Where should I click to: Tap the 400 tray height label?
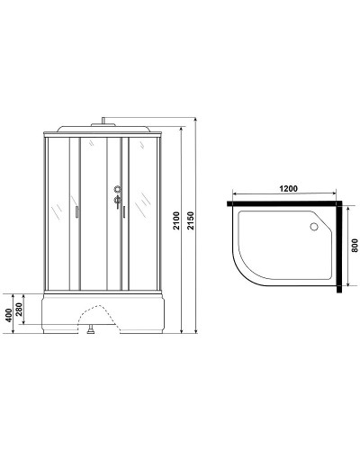click(9, 313)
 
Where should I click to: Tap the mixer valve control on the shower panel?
click(116, 189)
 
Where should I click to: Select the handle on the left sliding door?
click(77, 212)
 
